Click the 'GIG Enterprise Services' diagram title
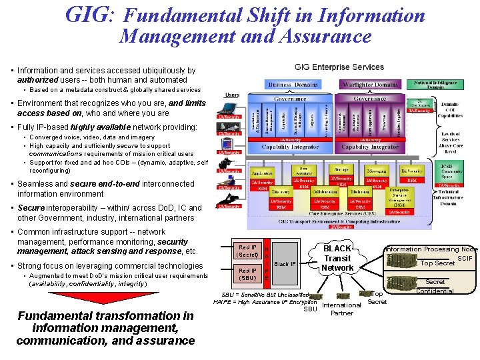pyautogui.click(x=339, y=67)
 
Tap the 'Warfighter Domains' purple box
pyautogui.click(x=369, y=85)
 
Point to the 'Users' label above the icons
pyautogui.click(x=232, y=95)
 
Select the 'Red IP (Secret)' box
pyautogui.click(x=247, y=251)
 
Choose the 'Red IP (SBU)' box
pyautogui.click(x=247, y=274)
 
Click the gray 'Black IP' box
pyautogui.click(x=285, y=264)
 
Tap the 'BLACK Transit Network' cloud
pyautogui.click(x=337, y=258)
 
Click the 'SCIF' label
pyautogui.click(x=465, y=258)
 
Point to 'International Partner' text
pyautogui.click(x=341, y=309)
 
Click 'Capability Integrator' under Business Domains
pyautogui.click(x=293, y=147)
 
